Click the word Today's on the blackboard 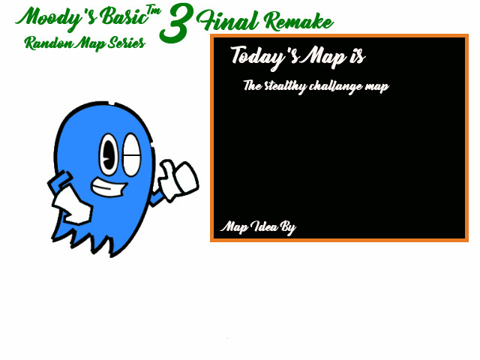263,55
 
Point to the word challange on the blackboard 334,86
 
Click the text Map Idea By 258,227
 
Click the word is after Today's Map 355,55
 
